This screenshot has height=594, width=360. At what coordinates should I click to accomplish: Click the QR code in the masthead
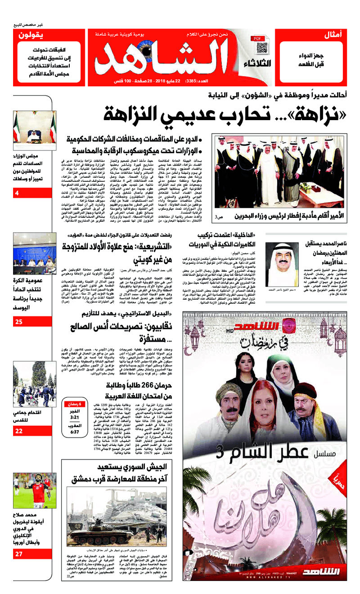tap(262, 48)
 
